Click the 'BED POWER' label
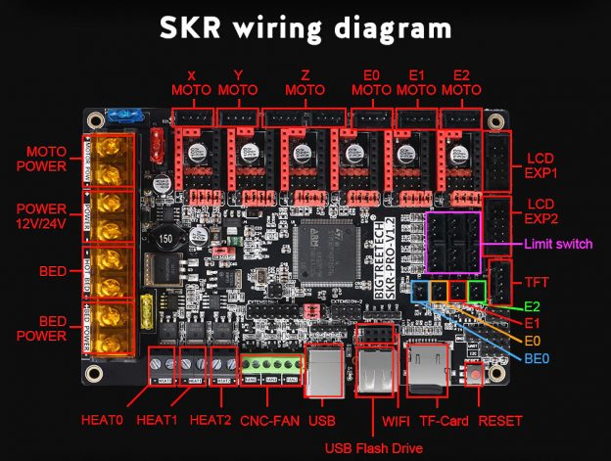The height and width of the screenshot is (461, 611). pos(41,329)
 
